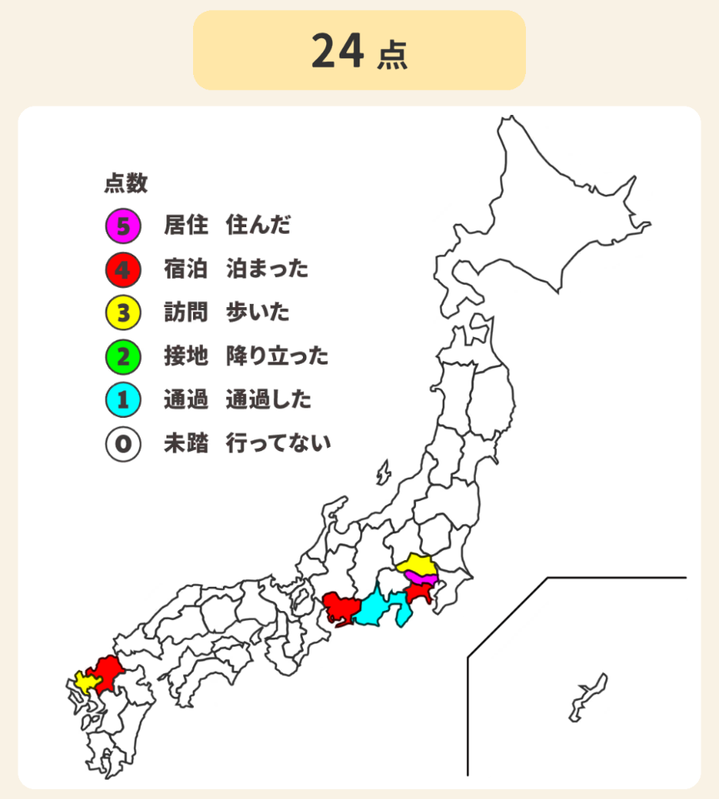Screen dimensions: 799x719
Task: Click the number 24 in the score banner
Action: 337,52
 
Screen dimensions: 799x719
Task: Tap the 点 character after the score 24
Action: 392,55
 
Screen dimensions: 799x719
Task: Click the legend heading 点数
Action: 126,183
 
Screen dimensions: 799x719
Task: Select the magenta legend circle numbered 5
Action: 122,225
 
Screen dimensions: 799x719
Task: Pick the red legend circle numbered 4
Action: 122,269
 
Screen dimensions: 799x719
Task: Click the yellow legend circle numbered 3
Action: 122,313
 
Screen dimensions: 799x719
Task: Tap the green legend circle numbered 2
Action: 122,357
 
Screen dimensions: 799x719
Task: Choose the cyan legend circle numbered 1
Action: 122,400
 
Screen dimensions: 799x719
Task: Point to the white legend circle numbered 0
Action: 122,444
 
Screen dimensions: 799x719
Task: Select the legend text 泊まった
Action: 267,269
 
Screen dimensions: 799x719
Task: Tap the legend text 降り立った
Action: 277,357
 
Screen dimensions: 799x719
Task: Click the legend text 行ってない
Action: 278,444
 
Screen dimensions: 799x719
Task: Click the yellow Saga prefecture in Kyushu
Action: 86,681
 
